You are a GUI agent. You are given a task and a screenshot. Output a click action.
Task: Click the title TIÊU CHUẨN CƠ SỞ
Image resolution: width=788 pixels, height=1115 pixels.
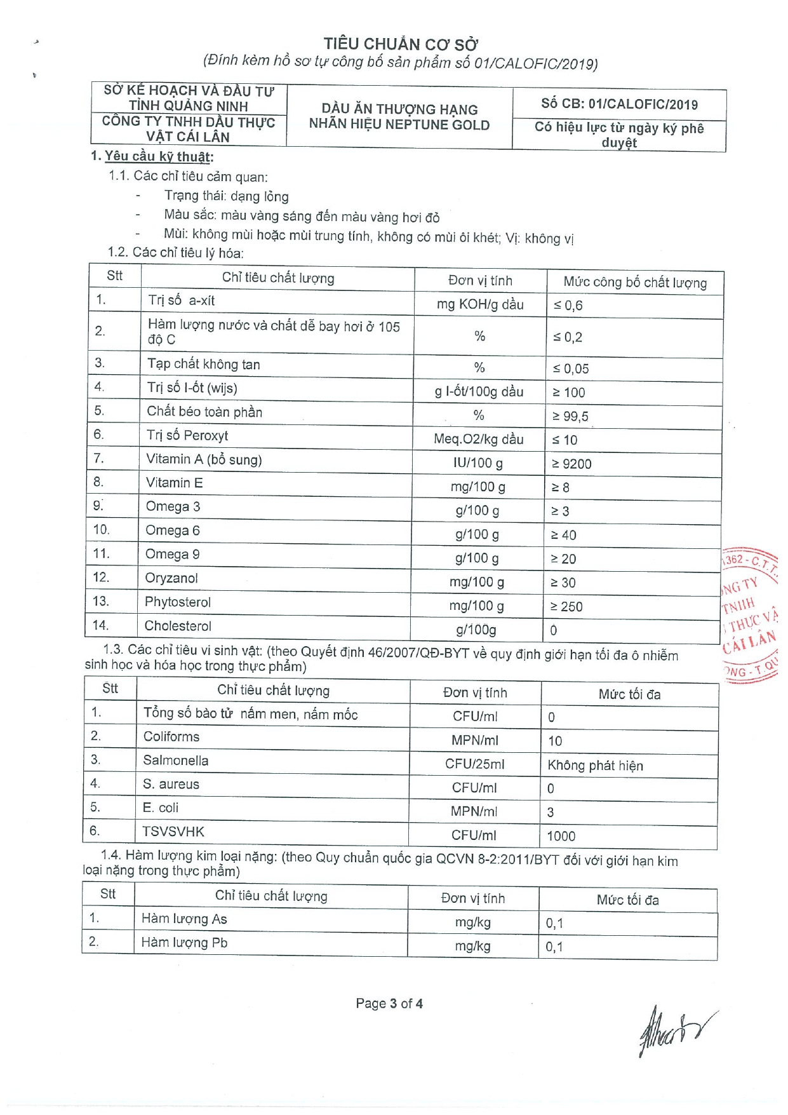pyautogui.click(x=401, y=44)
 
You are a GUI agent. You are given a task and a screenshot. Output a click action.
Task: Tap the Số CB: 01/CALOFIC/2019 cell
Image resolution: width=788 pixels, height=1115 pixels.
pyautogui.click(x=619, y=104)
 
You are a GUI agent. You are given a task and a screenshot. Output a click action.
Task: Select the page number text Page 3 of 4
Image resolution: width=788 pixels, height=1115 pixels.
pyautogui.click(x=389, y=1003)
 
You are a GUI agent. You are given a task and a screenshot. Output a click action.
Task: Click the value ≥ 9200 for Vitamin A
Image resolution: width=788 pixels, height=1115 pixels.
pyautogui.click(x=571, y=464)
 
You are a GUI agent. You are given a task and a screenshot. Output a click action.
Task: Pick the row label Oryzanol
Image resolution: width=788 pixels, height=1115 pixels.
pyautogui.click(x=171, y=578)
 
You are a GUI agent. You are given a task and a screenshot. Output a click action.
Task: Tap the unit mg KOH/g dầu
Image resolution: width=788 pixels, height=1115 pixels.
pyautogui.click(x=480, y=304)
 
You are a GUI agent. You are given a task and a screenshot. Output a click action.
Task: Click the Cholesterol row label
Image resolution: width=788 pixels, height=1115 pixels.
pyautogui.click(x=178, y=626)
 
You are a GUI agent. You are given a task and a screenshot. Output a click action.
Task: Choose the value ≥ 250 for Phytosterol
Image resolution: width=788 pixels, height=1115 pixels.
pyautogui.click(x=566, y=607)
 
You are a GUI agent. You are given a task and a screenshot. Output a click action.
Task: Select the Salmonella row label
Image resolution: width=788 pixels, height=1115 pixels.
pyautogui.click(x=175, y=760)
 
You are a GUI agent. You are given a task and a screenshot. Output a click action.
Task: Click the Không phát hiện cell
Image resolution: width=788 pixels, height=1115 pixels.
pyautogui.click(x=595, y=766)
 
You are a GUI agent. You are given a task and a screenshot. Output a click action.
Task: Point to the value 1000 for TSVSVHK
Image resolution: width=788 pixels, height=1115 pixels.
pyautogui.click(x=561, y=836)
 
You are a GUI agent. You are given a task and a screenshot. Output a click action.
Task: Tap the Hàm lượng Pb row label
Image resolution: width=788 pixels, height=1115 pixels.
pyautogui.click(x=184, y=942)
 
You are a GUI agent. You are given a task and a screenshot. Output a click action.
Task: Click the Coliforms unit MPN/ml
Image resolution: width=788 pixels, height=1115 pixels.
pyautogui.click(x=474, y=740)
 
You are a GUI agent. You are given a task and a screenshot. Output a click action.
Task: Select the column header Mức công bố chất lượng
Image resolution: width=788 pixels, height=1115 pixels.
pyautogui.click(x=635, y=282)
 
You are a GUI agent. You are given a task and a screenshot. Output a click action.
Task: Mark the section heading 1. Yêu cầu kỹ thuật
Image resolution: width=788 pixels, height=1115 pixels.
pyautogui.click(x=152, y=156)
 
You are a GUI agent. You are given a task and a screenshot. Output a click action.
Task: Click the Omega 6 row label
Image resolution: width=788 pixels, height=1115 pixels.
pyautogui.click(x=173, y=530)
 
